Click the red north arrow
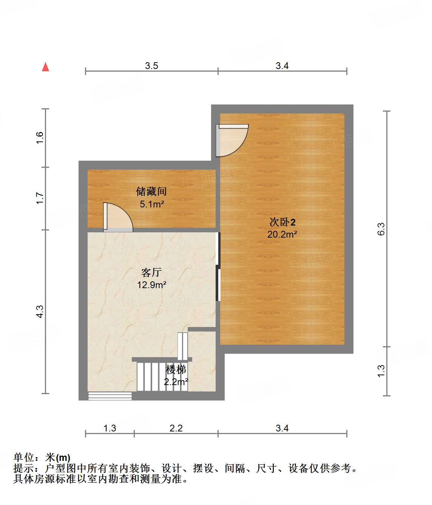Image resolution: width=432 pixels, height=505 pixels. pos(46,67)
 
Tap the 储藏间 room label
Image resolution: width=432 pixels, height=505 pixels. pos(151,192)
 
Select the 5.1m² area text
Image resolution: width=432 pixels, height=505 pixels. pos(152,204)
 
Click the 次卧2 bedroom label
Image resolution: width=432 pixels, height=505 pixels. pos(282,222)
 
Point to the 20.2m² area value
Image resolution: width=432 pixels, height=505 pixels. pos(282,234)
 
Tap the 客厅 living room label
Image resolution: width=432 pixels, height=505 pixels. pos(151,272)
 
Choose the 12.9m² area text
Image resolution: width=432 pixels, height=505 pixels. pos(151,285)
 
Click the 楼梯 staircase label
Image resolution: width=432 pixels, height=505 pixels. pos(176,369)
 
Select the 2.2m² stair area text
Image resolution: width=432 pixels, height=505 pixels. pos(176,382)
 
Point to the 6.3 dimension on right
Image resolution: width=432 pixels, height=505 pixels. pos(381,229)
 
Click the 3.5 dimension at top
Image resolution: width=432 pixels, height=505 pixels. pos(151,66)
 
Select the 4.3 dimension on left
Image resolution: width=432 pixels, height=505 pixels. pos(40,311)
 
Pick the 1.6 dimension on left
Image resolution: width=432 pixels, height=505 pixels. pos(40,138)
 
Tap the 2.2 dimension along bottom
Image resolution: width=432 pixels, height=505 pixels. pos(176,428)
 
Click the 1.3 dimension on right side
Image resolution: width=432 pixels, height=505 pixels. pos(381,371)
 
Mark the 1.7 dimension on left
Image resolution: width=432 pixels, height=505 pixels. pos(40,198)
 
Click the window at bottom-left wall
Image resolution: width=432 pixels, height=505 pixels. pos(110,396)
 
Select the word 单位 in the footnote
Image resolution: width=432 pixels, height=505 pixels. pos(23,457)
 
